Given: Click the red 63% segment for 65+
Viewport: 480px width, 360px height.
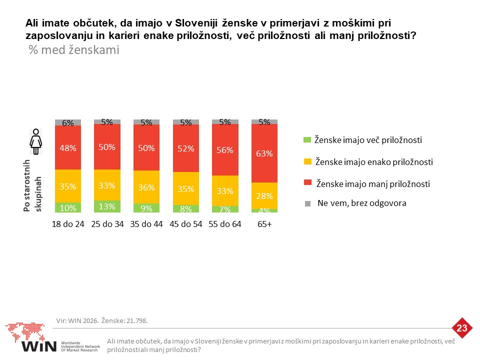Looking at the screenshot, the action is (x=264, y=153).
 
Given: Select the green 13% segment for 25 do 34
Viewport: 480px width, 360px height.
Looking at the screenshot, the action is (x=107, y=206).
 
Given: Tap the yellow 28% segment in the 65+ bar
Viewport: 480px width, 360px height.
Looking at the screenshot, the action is (x=264, y=196).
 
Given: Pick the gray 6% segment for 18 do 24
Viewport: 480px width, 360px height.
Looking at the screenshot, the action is (x=68, y=122).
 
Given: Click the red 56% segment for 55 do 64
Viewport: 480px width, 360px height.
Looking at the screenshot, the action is (x=225, y=149).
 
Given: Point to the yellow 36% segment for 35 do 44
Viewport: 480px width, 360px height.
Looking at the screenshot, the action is (x=146, y=187).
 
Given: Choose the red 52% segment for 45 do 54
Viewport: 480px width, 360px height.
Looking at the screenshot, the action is (x=186, y=148).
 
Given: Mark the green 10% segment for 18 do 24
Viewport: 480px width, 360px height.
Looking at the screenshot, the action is (x=68, y=207).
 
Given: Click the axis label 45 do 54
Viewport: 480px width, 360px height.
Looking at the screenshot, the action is (x=186, y=224).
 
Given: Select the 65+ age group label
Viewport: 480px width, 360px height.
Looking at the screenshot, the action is (x=264, y=224).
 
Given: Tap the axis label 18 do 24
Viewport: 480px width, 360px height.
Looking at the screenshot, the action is (x=68, y=224).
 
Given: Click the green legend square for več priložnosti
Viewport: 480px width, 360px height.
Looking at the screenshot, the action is (x=307, y=140).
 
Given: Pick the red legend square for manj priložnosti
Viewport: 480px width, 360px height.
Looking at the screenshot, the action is (x=307, y=182).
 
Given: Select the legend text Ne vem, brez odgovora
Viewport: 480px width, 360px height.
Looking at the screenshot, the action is (x=362, y=203).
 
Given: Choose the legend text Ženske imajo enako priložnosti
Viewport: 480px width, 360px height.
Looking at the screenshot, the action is (x=374, y=161).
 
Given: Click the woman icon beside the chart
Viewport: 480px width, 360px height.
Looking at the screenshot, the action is (x=36, y=141).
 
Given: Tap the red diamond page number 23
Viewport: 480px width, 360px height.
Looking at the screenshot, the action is (x=462, y=328).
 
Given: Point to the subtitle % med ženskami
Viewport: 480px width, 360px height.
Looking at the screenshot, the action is (x=74, y=50).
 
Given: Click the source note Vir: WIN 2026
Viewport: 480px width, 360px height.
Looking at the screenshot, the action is (x=77, y=320).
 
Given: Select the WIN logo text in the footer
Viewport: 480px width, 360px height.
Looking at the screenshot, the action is (x=39, y=346).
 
